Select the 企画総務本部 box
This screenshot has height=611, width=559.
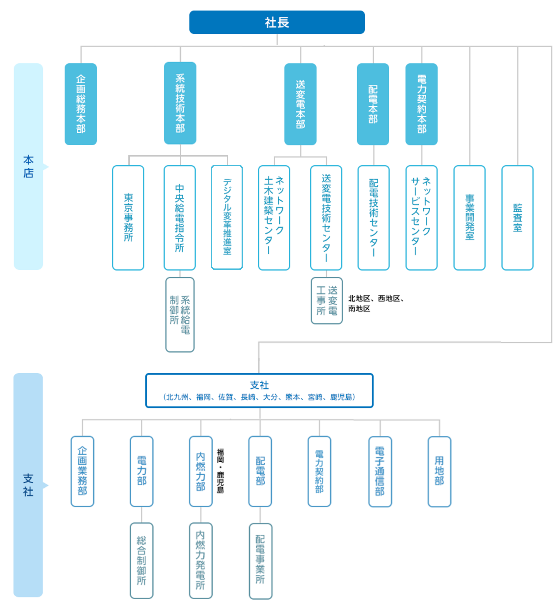tap(81, 104)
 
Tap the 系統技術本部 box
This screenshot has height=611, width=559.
tap(180, 103)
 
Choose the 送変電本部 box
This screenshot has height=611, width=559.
tap(300, 104)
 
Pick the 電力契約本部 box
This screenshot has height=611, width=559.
tap(422, 104)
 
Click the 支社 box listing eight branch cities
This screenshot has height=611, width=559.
tap(259, 390)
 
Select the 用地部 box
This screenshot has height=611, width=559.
tap(439, 471)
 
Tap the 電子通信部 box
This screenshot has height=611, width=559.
tap(380, 471)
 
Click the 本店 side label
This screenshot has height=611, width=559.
tap(28, 166)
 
